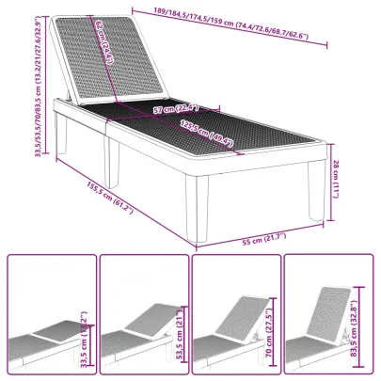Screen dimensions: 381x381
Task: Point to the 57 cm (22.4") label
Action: tap(175, 109)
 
